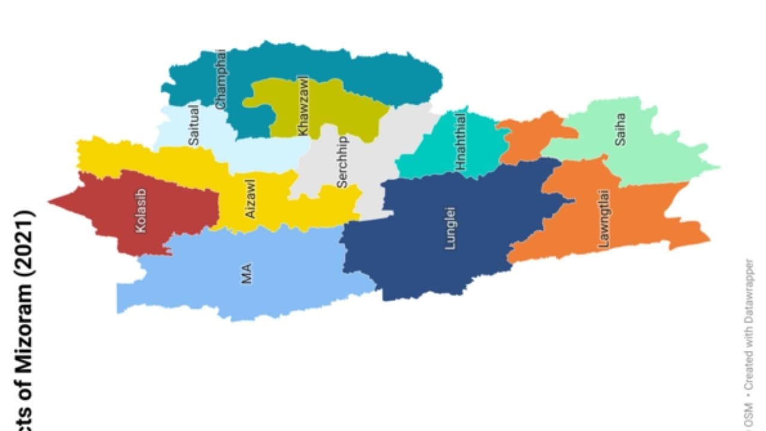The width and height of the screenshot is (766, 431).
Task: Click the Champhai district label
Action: tap(221, 80)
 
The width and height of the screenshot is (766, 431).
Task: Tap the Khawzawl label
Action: tap(303, 105)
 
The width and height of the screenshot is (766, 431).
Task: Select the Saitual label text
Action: tap(193, 125)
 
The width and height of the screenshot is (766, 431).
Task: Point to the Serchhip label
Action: tap(342, 162)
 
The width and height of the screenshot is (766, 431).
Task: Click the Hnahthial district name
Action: tap(460, 141)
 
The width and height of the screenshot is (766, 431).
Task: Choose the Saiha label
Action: tap(620, 129)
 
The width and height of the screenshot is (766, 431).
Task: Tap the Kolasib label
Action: tap(141, 211)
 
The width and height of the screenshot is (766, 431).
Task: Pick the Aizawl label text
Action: tap(250, 199)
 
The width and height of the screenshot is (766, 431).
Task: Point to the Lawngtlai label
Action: tap(604, 218)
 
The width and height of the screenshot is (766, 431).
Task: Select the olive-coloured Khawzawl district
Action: tap(335, 108)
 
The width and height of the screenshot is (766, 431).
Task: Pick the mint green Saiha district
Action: tap(652, 150)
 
